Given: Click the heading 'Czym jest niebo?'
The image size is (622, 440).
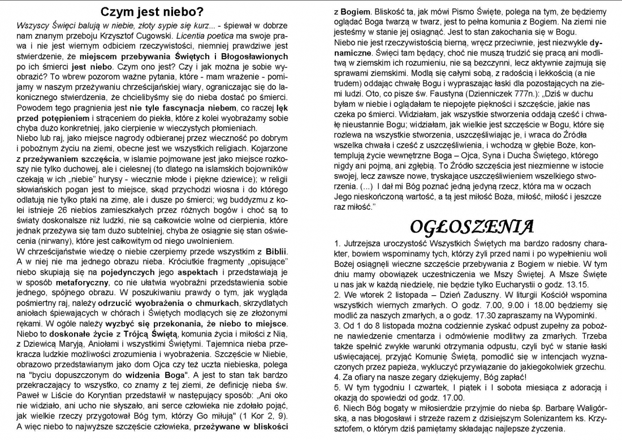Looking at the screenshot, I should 152,11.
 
